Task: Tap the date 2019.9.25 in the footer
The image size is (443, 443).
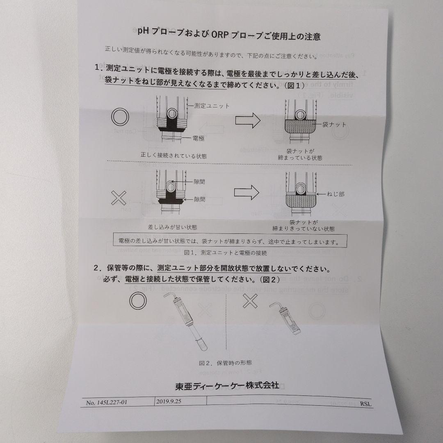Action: point(169,402)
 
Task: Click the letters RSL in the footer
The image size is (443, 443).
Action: point(366,404)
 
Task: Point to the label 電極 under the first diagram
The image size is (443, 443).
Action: point(199,139)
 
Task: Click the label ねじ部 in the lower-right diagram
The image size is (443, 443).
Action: point(336,194)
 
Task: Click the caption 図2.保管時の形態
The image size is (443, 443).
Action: point(225,363)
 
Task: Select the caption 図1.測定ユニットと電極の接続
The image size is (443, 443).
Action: point(226,252)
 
